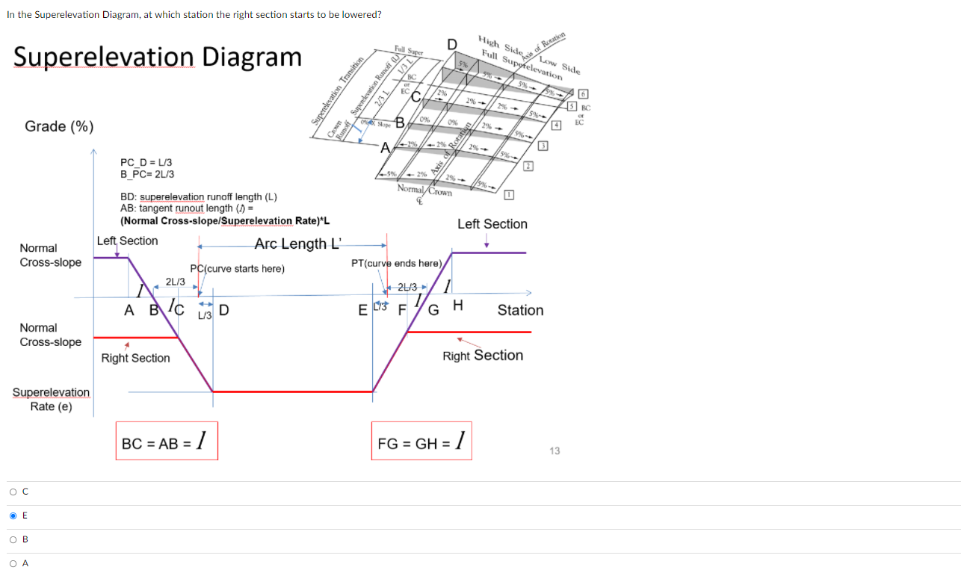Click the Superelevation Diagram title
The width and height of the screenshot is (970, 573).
click(158, 57)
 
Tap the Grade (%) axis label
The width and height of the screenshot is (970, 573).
click(59, 126)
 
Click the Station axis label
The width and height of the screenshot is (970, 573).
click(520, 310)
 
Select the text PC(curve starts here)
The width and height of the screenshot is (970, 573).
click(237, 269)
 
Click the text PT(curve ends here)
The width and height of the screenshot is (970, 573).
click(397, 263)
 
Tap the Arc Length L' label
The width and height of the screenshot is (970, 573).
click(297, 244)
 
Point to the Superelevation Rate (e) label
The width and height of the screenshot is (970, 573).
click(51, 399)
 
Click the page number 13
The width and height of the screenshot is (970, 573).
click(554, 450)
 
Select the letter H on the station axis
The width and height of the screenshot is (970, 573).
click(458, 305)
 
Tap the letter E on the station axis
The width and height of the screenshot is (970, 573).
click(363, 310)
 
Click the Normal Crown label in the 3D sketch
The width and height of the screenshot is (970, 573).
click(424, 191)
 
